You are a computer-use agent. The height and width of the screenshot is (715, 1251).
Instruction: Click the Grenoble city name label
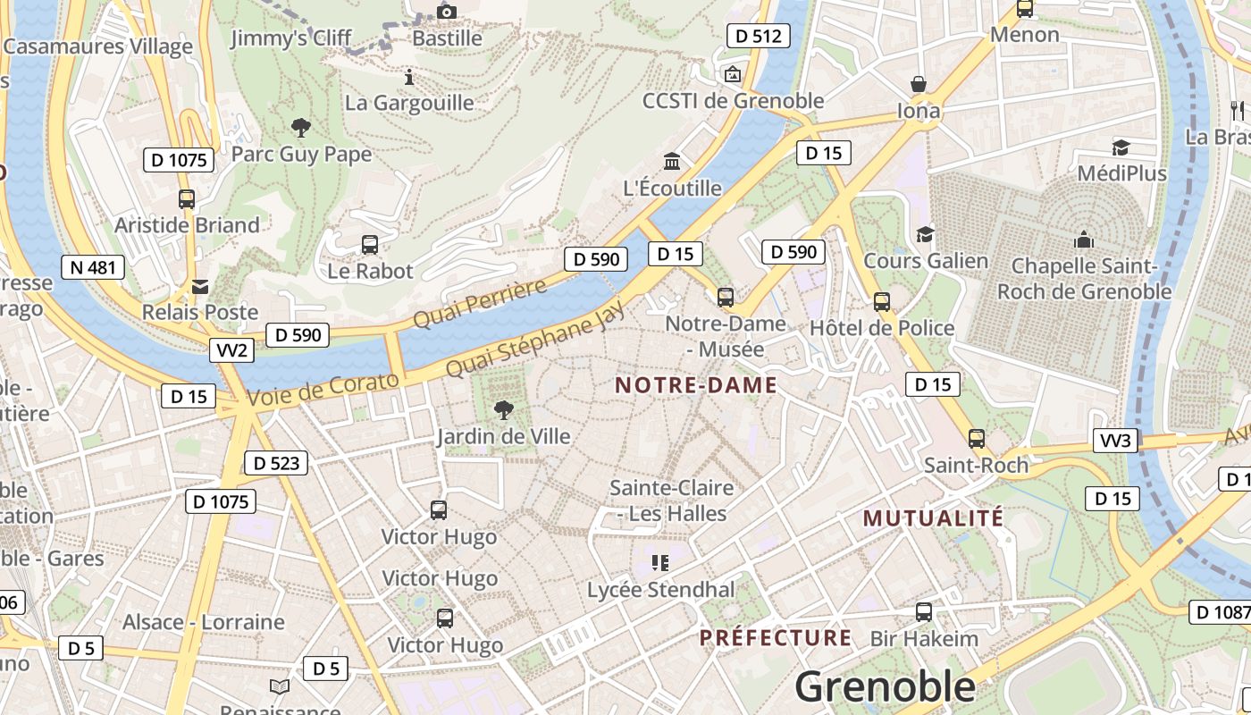tap(885, 686)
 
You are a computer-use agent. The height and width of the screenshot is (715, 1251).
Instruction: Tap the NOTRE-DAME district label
tap(696, 385)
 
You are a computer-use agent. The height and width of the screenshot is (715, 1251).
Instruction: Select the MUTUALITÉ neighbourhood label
tap(933, 517)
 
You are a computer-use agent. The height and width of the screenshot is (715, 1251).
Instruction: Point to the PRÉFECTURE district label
tap(776, 637)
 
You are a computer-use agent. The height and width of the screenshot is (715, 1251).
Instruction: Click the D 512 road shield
tap(759, 36)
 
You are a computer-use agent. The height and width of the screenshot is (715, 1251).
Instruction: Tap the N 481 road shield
tap(93, 267)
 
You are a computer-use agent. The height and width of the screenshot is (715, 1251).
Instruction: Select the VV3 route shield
tap(1115, 441)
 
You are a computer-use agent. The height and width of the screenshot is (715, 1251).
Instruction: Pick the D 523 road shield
tap(276, 463)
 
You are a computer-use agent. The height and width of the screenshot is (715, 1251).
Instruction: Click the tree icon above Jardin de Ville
tap(504, 410)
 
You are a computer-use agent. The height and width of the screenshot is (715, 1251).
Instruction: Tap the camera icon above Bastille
tap(447, 12)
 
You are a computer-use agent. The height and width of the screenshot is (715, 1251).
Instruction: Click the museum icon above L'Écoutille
tap(672, 161)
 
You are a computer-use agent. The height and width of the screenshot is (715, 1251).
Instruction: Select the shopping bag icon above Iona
tap(919, 85)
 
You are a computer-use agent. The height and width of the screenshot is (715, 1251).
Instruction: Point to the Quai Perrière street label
tap(480, 304)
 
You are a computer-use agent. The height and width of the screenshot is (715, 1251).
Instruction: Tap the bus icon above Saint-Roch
tap(977, 439)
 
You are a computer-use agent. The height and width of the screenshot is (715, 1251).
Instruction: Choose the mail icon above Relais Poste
tap(200, 286)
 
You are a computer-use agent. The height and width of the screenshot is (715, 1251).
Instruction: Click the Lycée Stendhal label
tap(660, 590)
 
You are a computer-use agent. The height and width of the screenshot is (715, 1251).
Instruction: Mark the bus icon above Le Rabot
tap(369, 244)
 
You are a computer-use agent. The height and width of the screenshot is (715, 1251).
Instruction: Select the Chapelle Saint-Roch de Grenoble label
tap(1084, 279)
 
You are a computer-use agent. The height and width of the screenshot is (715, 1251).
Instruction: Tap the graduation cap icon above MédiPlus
tap(1121, 147)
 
